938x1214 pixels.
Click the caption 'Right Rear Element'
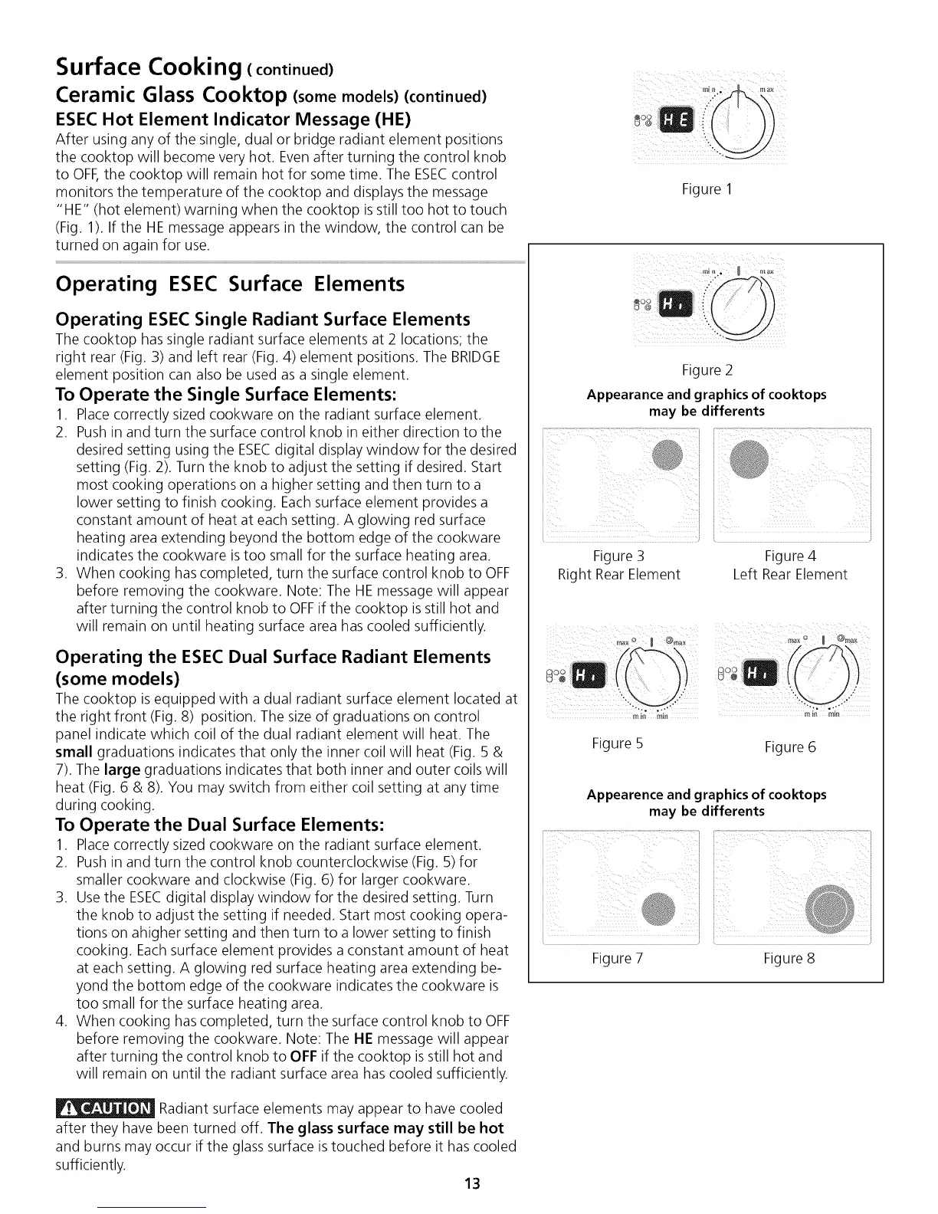point(618,574)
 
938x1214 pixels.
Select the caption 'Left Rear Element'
point(789,574)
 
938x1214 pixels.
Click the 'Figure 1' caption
point(707,189)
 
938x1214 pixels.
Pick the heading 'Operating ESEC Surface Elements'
point(230,284)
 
